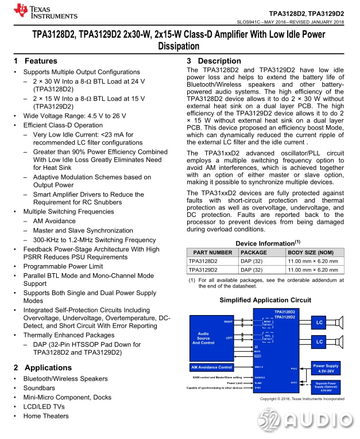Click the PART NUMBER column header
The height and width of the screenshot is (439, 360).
[x=212, y=252]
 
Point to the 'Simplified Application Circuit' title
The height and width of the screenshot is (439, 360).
[x=265, y=300]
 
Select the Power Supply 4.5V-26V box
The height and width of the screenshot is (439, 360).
[x=326, y=367]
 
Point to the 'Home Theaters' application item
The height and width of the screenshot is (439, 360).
[x=45, y=416]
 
